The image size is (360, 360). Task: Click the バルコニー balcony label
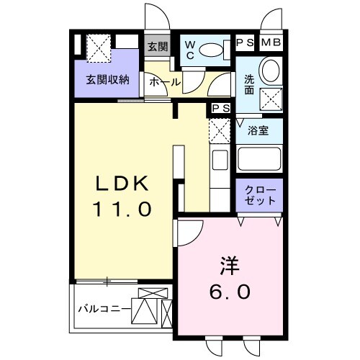pyautogui.click(x=104, y=310)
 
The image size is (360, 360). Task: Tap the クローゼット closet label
pyautogui.click(x=260, y=194)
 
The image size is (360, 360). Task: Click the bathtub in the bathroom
pyautogui.click(x=260, y=158)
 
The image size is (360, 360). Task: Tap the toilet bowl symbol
pyautogui.click(x=212, y=50)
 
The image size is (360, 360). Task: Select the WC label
pyautogui.click(x=190, y=50)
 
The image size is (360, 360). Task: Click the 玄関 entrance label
pyautogui.click(x=157, y=46)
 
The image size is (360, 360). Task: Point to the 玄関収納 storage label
pyautogui.click(x=108, y=79)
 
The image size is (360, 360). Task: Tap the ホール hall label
pyautogui.click(x=164, y=81)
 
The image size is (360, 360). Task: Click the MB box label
pyautogui.click(x=271, y=42)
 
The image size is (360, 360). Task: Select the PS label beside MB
pyautogui.click(x=247, y=42)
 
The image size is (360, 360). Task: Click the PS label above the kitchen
pyautogui.click(x=220, y=109)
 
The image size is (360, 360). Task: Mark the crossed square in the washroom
pyautogui.click(x=271, y=99)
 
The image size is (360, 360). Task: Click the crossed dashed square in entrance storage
pyautogui.click(x=97, y=47)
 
